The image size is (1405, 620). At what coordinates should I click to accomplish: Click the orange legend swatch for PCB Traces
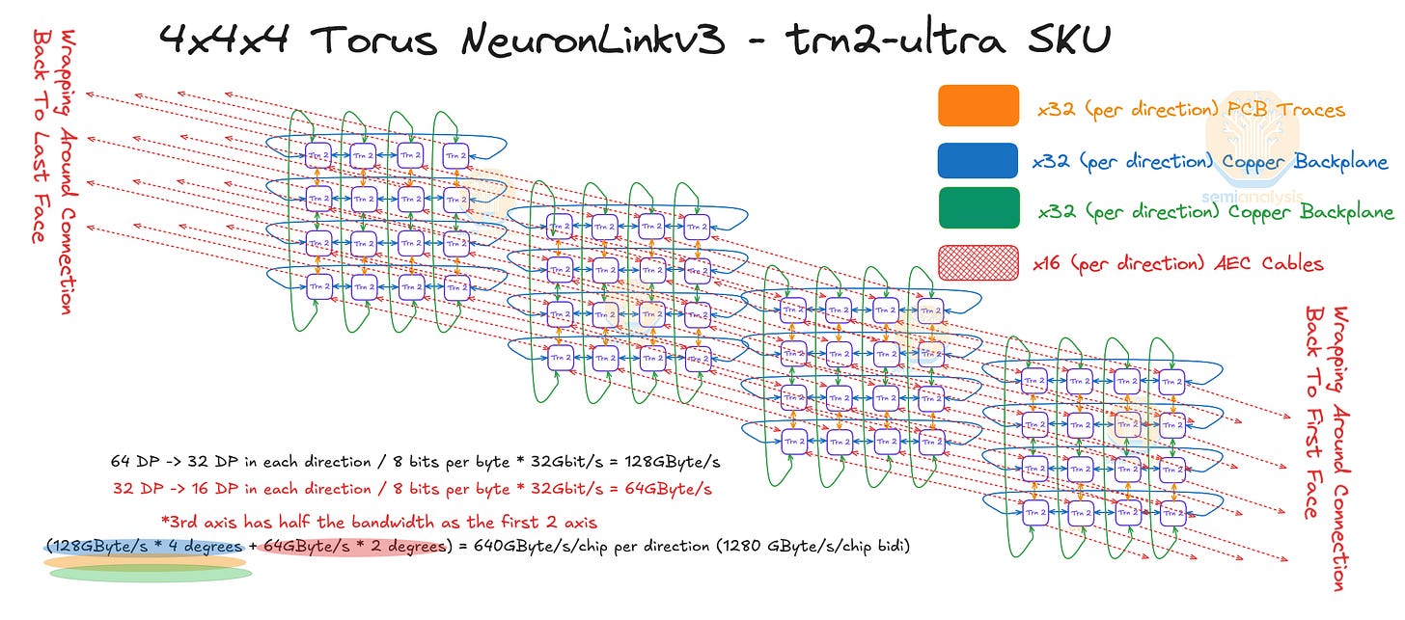click(978, 106)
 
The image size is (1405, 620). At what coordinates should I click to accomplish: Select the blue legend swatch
click(978, 160)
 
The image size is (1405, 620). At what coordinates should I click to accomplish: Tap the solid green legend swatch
click(978, 209)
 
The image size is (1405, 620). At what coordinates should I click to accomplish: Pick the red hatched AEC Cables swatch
click(978, 261)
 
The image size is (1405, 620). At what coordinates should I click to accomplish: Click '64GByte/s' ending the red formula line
click(666, 489)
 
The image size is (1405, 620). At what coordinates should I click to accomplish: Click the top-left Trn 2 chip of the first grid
click(318, 154)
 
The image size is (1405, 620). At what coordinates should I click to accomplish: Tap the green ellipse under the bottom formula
click(150, 574)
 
